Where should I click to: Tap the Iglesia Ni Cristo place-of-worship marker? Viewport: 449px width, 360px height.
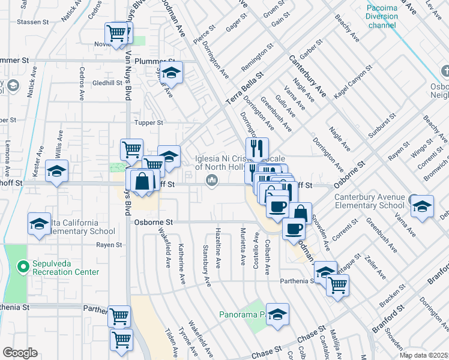[211, 181]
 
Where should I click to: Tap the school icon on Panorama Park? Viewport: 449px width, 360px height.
[278, 314]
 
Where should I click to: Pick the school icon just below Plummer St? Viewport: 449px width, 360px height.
[172, 73]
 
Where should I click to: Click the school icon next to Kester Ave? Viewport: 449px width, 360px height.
[56, 172]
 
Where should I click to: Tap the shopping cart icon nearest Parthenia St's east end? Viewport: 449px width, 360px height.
[337, 286]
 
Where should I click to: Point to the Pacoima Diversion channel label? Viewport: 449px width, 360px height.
[382, 16]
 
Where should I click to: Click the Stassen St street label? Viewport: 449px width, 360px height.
[33, 22]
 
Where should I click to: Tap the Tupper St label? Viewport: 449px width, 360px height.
[151, 122]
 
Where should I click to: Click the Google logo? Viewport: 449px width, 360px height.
[20, 352]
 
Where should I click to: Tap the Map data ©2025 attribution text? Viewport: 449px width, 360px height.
[424, 355]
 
